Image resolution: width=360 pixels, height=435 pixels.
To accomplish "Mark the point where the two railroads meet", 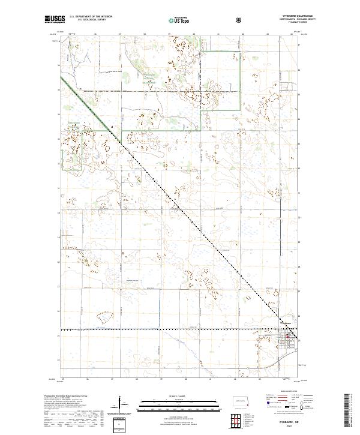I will pyautogui.click(x=281, y=329).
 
